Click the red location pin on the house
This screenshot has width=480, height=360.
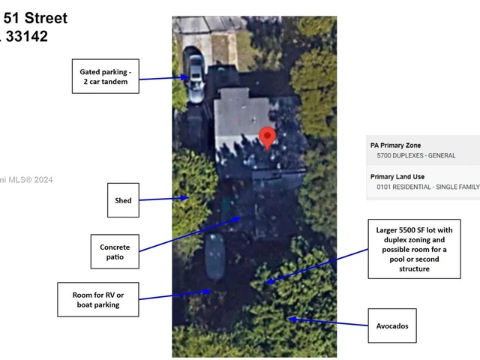(268, 137)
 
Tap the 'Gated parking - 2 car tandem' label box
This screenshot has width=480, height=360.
(106, 76)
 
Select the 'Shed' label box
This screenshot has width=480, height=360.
(123, 200)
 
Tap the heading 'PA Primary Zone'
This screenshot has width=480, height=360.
(395, 145)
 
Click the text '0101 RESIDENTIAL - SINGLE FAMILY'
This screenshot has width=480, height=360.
(427, 187)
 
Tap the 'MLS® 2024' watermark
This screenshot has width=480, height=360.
(30, 179)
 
